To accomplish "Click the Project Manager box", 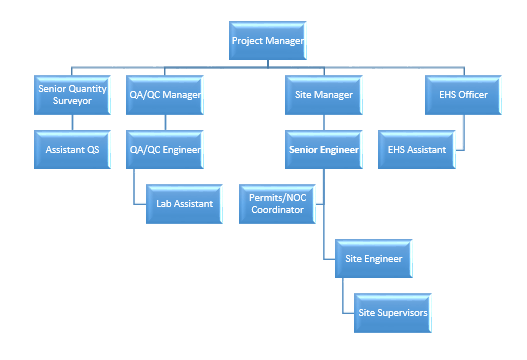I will click(267, 42).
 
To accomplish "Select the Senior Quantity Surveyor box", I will click(73, 94).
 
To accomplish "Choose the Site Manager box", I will click(324, 94).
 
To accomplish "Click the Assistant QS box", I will click(73, 150).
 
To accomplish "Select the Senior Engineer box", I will click(324, 150).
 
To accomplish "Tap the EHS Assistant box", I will click(417, 150).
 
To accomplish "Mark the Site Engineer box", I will click(374, 259).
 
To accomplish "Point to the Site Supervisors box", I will click(393, 313).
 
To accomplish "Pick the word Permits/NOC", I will click(279, 198).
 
